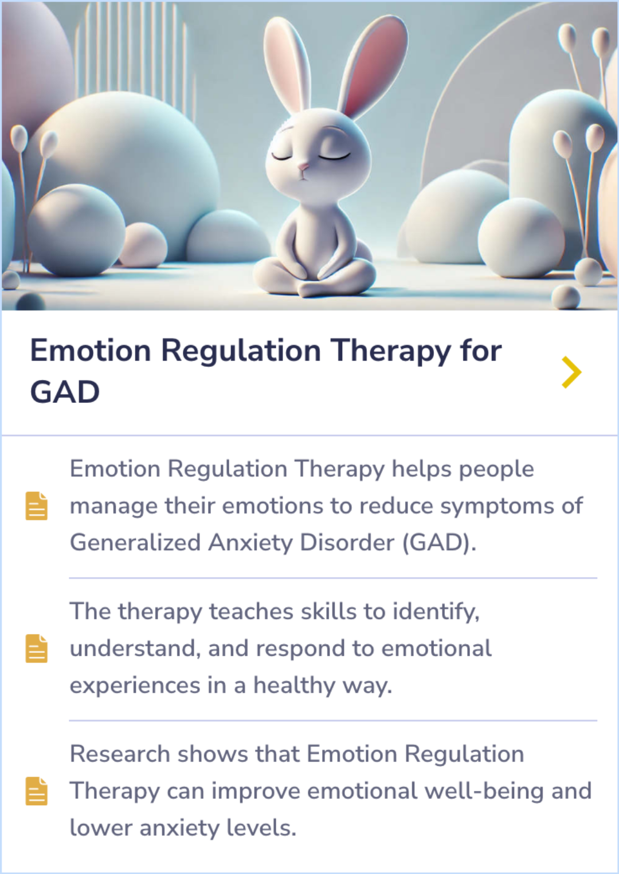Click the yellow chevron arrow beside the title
click(x=571, y=372)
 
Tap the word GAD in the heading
click(x=65, y=393)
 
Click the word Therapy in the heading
click(x=391, y=351)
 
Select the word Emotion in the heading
click(x=91, y=351)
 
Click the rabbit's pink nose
click(x=303, y=167)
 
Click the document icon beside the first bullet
click(x=37, y=505)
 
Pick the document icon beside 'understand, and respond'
click(x=37, y=648)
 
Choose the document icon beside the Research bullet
click(x=37, y=791)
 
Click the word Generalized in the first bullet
click(x=135, y=542)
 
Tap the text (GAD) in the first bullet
click(x=439, y=542)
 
